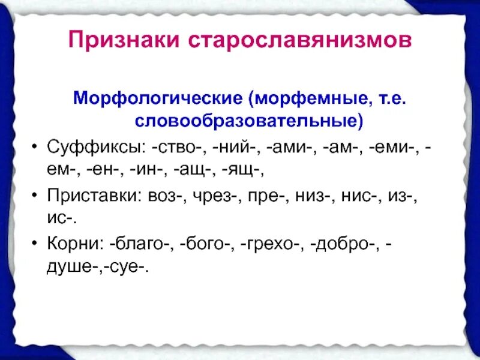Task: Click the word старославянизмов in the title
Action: (301, 40)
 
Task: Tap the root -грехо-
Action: (274, 243)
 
